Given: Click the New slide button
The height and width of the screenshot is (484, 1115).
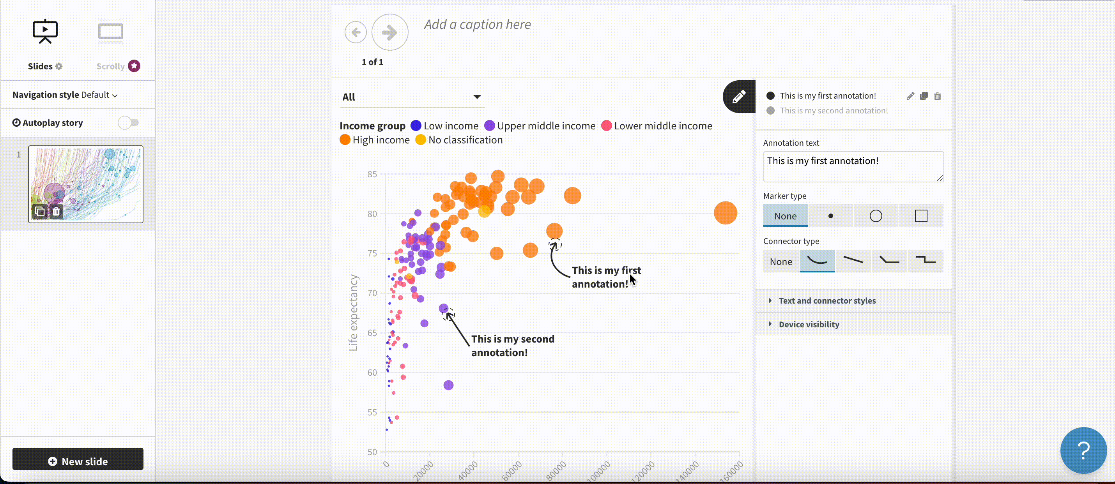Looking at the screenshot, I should [78, 461].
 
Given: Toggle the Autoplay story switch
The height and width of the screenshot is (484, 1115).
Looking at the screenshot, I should [129, 123].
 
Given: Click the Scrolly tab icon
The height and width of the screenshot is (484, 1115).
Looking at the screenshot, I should [110, 32].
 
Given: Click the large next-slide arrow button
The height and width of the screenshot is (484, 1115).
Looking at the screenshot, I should [389, 32].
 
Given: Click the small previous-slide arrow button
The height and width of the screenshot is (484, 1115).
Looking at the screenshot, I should [356, 32].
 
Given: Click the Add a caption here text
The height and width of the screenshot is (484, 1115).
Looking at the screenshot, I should [477, 25].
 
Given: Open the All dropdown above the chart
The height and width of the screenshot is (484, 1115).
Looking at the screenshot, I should [411, 97].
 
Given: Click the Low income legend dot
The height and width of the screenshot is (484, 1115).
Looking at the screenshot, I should [416, 126].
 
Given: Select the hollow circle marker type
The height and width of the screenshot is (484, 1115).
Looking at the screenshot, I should [875, 216].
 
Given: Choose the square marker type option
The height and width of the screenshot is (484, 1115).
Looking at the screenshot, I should [920, 216].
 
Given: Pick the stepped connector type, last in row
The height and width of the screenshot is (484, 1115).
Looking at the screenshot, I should [925, 261].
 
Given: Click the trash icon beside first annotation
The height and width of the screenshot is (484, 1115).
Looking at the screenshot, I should [937, 96].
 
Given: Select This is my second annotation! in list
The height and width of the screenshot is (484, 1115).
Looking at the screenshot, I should [833, 111].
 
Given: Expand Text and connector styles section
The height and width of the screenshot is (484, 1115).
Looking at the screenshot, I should [827, 300].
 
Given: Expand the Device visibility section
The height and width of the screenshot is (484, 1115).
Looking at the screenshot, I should [809, 324].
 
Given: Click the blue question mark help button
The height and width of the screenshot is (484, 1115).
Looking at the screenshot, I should [1083, 450].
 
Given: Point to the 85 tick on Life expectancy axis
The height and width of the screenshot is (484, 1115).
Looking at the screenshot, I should [372, 174].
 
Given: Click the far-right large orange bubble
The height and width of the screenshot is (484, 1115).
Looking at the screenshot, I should [725, 213].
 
